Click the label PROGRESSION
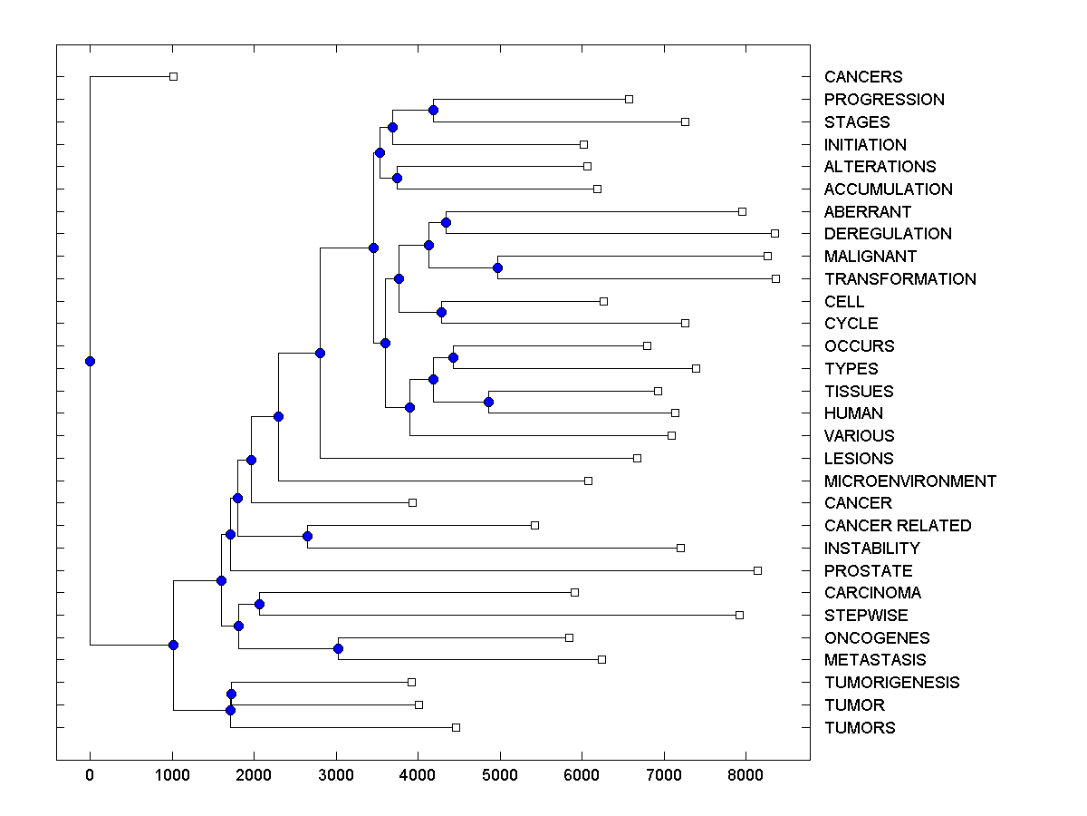click(884, 100)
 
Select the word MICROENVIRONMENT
click(909, 481)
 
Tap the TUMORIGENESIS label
click(891, 683)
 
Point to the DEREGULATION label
click(888, 234)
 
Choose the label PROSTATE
click(868, 571)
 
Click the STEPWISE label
click(866, 616)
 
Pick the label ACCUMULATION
click(888, 189)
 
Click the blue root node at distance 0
click(90, 361)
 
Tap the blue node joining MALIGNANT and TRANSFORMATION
click(497, 267)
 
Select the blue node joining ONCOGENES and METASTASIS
click(338, 648)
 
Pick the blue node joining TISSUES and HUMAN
click(488, 402)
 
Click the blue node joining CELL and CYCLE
click(442, 313)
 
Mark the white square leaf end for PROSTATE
click(757, 570)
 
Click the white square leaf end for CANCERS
click(173, 77)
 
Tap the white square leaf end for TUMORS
click(456, 727)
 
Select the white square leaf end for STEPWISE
click(739, 615)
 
